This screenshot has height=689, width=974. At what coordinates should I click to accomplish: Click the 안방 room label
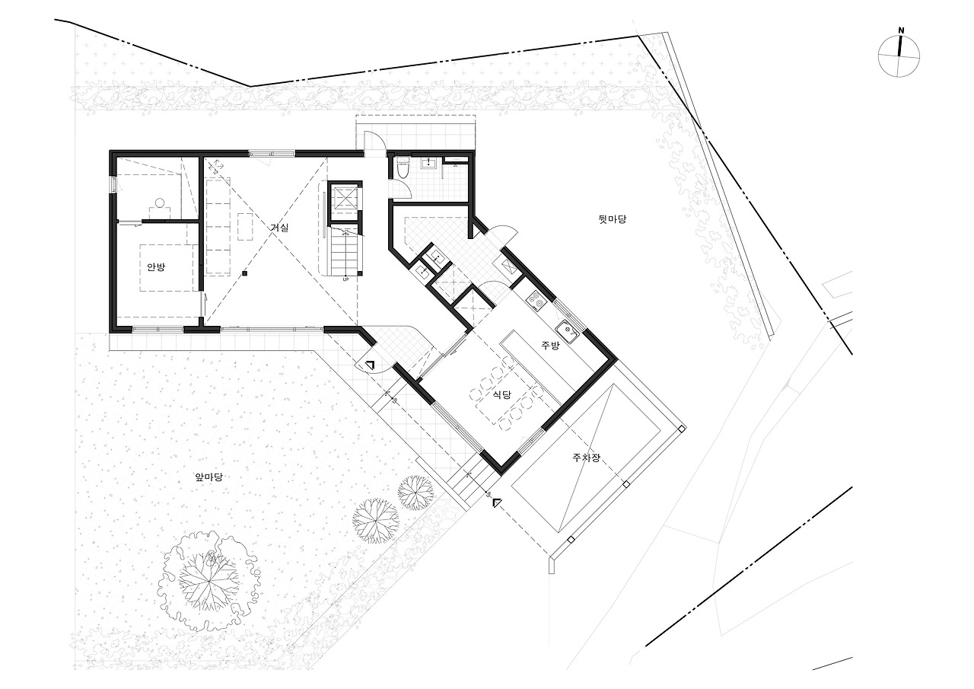coord(156,267)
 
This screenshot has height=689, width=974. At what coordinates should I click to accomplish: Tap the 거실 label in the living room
coord(279,228)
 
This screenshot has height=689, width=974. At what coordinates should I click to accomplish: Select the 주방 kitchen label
coord(550,346)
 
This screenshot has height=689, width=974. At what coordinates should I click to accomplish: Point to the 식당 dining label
coord(501,394)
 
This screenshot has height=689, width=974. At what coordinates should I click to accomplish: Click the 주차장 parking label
coord(586,458)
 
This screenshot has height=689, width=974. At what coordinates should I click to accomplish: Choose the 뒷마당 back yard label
coord(613,219)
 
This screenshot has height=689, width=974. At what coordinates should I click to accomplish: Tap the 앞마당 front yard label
coord(209,477)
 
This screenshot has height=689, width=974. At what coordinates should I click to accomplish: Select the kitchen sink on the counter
coord(567,331)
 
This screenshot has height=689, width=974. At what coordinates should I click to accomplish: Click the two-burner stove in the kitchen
coord(535,301)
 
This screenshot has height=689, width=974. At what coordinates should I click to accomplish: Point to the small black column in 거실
coord(245,273)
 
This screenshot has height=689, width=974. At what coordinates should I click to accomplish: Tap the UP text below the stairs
coord(345,279)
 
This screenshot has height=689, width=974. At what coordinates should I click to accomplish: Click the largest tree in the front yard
coord(209,580)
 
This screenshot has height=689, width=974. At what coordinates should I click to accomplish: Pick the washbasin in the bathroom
coord(430,163)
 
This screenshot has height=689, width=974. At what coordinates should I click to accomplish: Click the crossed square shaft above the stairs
coord(345,202)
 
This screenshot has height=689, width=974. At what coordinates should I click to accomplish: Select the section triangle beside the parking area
coord(497,502)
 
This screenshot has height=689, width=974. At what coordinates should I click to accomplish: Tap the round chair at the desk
coord(160,203)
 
